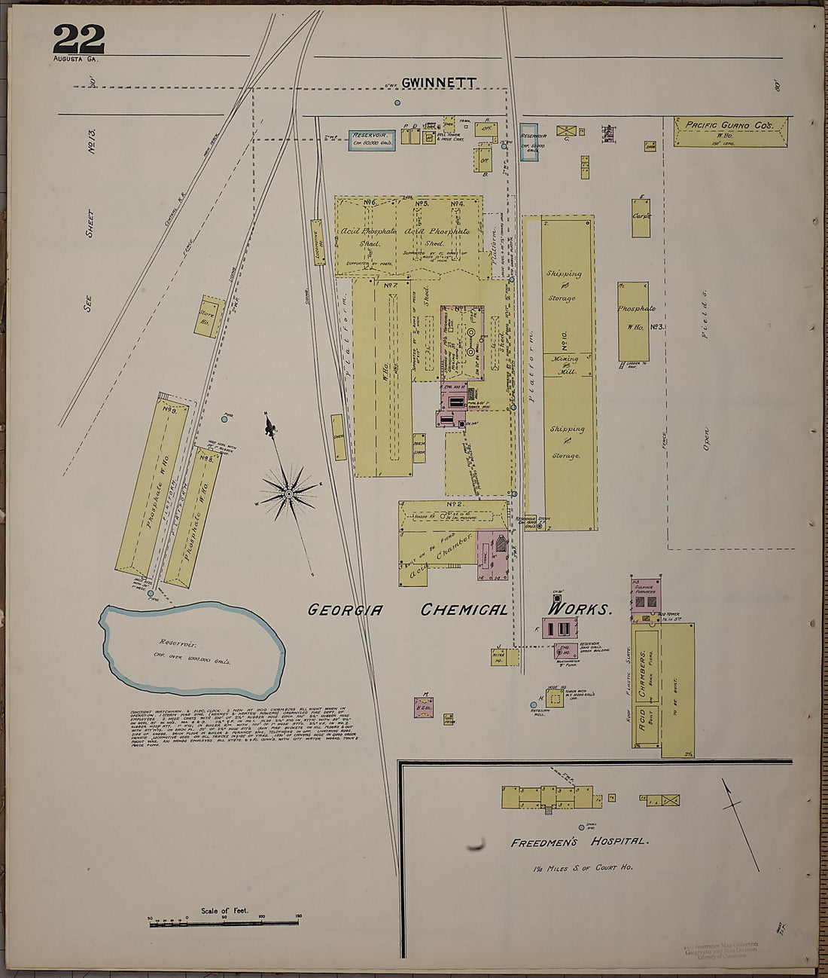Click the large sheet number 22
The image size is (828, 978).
[x=78, y=38]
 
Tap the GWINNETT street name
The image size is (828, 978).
[x=438, y=83]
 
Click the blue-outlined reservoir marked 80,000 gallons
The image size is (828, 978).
[x=372, y=140]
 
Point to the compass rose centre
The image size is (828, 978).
[x=289, y=494]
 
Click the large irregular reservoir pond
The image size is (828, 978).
[x=192, y=648]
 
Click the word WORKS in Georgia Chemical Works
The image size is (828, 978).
[x=580, y=609]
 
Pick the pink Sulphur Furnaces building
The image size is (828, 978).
[x=645, y=594]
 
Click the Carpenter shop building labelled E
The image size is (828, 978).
[x=641, y=219]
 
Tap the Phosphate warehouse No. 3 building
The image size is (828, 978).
[x=633, y=322]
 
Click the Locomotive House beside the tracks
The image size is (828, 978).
[x=318, y=242]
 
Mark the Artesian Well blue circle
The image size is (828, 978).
[x=534, y=705]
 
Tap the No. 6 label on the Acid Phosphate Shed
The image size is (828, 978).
[x=370, y=203]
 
